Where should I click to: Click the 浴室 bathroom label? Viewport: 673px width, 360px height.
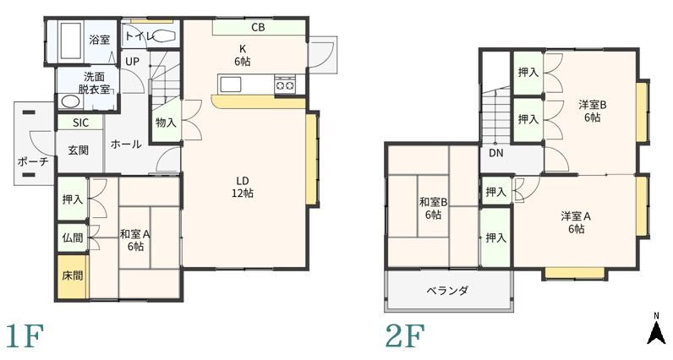pyautogui.click(x=99, y=39)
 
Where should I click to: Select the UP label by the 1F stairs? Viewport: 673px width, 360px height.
pyautogui.click(x=133, y=62)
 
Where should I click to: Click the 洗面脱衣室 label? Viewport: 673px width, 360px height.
pyautogui.click(x=94, y=83)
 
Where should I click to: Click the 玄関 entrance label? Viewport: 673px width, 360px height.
pyautogui.click(x=78, y=150)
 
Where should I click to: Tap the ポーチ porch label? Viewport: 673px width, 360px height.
pyautogui.click(x=32, y=161)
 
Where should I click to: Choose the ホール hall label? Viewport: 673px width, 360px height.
pyautogui.click(x=126, y=145)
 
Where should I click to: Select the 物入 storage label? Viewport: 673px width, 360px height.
pyautogui.click(x=166, y=123)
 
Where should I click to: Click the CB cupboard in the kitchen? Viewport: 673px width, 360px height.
pyautogui.click(x=258, y=28)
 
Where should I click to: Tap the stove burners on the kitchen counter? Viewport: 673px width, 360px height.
pyautogui.click(x=284, y=84)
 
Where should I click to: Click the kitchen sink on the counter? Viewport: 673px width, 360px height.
pyautogui.click(x=231, y=84)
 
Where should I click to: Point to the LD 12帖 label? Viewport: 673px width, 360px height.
pyautogui.click(x=243, y=187)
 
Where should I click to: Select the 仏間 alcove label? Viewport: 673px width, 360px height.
pyautogui.click(x=72, y=238)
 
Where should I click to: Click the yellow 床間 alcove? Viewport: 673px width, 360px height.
pyautogui.click(x=72, y=277)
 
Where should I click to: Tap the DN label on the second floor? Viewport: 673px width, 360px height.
pyautogui.click(x=496, y=155)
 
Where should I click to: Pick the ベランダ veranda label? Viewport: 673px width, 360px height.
pyautogui.click(x=447, y=291)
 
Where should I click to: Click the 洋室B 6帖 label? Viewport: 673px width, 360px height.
pyautogui.click(x=592, y=111)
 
